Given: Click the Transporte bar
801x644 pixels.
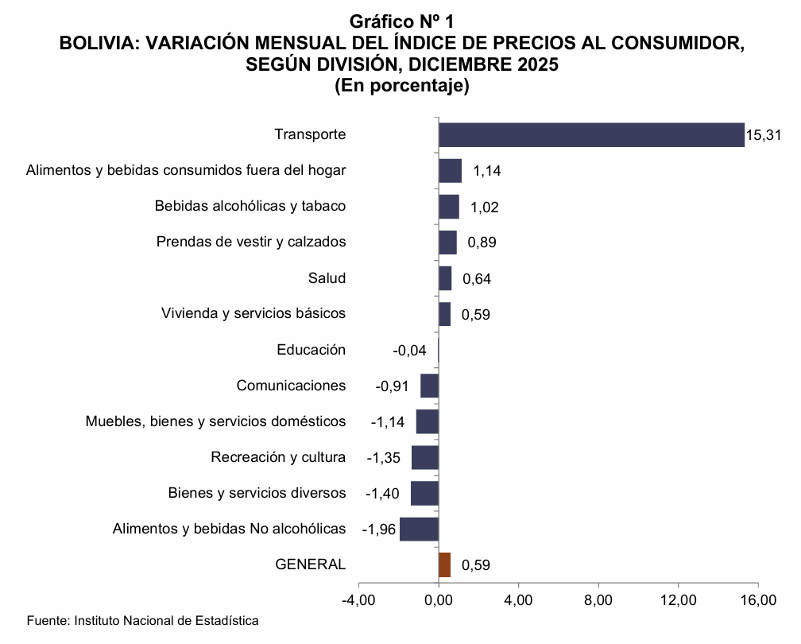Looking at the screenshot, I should pos(591,134).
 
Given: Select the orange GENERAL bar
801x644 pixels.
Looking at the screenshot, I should pos(444,564).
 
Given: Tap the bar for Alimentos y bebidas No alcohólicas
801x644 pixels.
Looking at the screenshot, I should pos(419,529).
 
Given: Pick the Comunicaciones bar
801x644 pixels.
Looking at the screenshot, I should pos(429,386).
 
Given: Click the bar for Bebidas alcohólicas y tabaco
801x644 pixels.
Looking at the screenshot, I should pos(449,207).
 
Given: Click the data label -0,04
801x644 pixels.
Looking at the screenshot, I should pos(410,350).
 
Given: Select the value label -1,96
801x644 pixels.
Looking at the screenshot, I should pos(378,530).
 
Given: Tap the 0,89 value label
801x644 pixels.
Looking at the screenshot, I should pos(482,242).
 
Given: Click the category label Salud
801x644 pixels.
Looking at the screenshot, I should pos(327,277).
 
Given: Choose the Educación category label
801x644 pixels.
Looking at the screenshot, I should pos(311,349).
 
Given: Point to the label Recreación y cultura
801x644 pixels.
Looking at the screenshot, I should pos(278,457).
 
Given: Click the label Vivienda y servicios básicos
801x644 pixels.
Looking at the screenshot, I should pos(253,313).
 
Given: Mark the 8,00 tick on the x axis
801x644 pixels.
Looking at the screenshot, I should pos(598,599).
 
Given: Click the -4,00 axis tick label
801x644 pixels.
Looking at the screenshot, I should pos(358,599).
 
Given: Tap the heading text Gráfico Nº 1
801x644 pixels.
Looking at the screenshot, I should pos(401,20).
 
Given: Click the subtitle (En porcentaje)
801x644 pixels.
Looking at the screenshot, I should pos(401,84).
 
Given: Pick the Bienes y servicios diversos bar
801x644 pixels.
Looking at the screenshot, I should pos(424,493).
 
